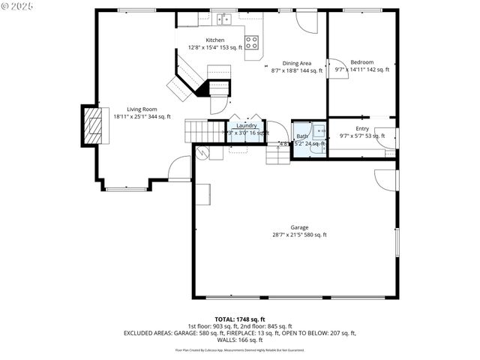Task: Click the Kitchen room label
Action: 215,40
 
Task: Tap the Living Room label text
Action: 142,109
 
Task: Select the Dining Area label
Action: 297,63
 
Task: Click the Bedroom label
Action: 362,62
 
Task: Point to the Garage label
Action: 299,227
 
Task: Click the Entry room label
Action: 362,128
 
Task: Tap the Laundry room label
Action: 247,125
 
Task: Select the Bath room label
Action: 301,136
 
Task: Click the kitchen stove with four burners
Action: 253,42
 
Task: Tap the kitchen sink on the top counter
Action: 223,18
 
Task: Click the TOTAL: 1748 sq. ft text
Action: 240,319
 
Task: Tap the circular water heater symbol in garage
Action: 201,152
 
